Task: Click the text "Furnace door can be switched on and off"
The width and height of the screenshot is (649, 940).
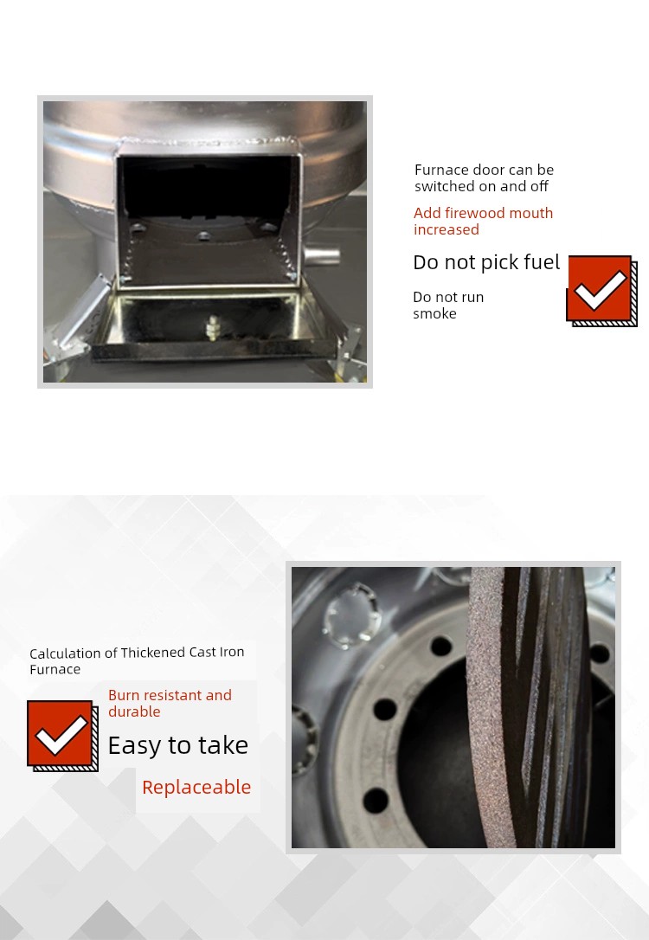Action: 485,178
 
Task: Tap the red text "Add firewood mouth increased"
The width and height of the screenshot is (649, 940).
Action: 483,222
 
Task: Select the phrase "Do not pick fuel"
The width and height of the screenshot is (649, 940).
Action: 486,262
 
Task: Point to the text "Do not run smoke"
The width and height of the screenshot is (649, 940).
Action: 448,306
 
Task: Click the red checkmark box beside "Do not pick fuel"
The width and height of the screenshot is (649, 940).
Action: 601,291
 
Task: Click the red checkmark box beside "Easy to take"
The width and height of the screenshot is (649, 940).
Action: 62,736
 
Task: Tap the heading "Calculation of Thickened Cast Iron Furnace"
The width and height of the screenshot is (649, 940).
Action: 137,660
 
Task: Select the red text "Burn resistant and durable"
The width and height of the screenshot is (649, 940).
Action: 170,703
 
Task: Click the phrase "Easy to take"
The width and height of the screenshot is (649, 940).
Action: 178,746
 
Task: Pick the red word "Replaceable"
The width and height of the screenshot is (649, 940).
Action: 196,787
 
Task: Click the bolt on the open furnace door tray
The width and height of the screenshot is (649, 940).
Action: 212,328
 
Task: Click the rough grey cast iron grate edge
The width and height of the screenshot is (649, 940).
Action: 488,707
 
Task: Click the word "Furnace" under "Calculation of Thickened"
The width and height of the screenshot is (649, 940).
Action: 55,669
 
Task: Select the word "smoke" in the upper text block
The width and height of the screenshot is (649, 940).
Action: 434,313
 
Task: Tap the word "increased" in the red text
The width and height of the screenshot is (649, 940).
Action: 447,229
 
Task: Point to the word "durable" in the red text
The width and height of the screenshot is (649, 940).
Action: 134,711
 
